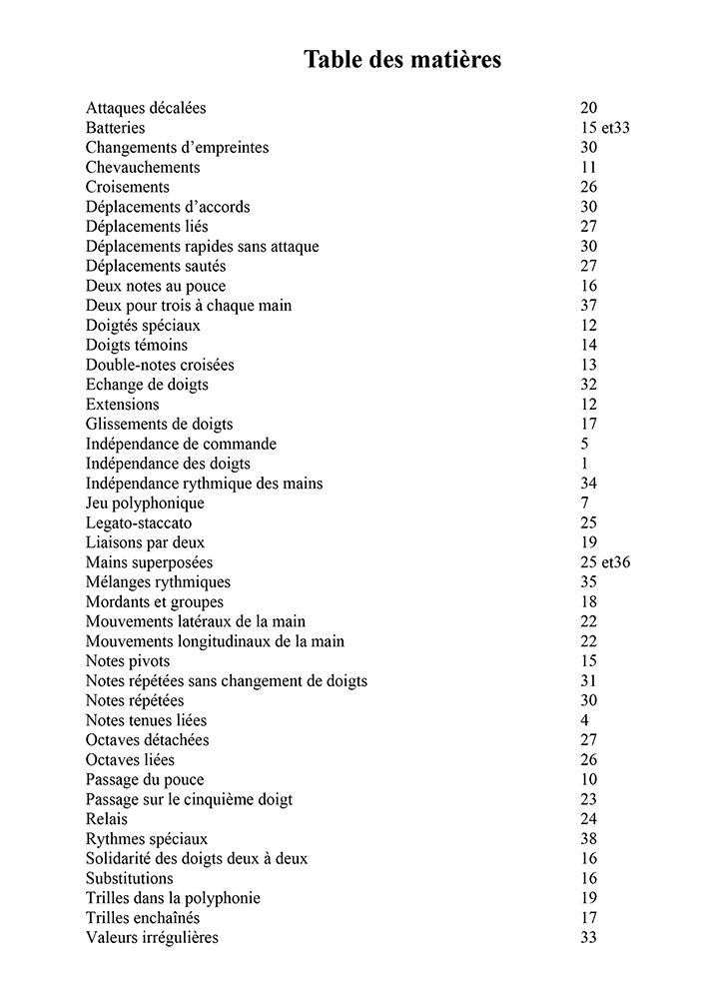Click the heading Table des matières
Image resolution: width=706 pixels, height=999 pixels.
pos(402,60)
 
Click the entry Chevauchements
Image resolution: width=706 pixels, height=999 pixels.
pos(143,167)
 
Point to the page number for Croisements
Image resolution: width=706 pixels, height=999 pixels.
pos(588,187)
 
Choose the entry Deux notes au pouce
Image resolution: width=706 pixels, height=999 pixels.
pos(156,286)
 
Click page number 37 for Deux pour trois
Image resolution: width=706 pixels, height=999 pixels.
pos(588,306)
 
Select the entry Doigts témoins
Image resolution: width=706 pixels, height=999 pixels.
pos(137,345)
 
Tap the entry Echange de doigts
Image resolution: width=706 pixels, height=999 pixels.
pos(147,385)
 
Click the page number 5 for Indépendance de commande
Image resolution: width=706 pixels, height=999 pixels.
pos(584,444)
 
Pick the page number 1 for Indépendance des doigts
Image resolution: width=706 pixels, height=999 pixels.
pos(584,464)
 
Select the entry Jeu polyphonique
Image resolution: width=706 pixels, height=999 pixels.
pos(145,503)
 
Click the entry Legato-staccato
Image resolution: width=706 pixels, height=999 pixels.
pos(139,522)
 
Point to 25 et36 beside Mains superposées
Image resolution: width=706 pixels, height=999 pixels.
pos(605,562)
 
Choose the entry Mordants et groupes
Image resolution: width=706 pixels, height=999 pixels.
pos(155,601)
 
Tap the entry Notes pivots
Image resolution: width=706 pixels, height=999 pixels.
pos(128,661)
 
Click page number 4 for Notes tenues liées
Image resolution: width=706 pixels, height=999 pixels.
pos(584,720)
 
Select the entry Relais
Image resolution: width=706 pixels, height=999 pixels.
pos(107,819)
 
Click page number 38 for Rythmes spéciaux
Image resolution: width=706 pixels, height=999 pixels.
pos(588,839)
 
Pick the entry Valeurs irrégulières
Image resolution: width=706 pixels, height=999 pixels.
pos(152,938)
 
